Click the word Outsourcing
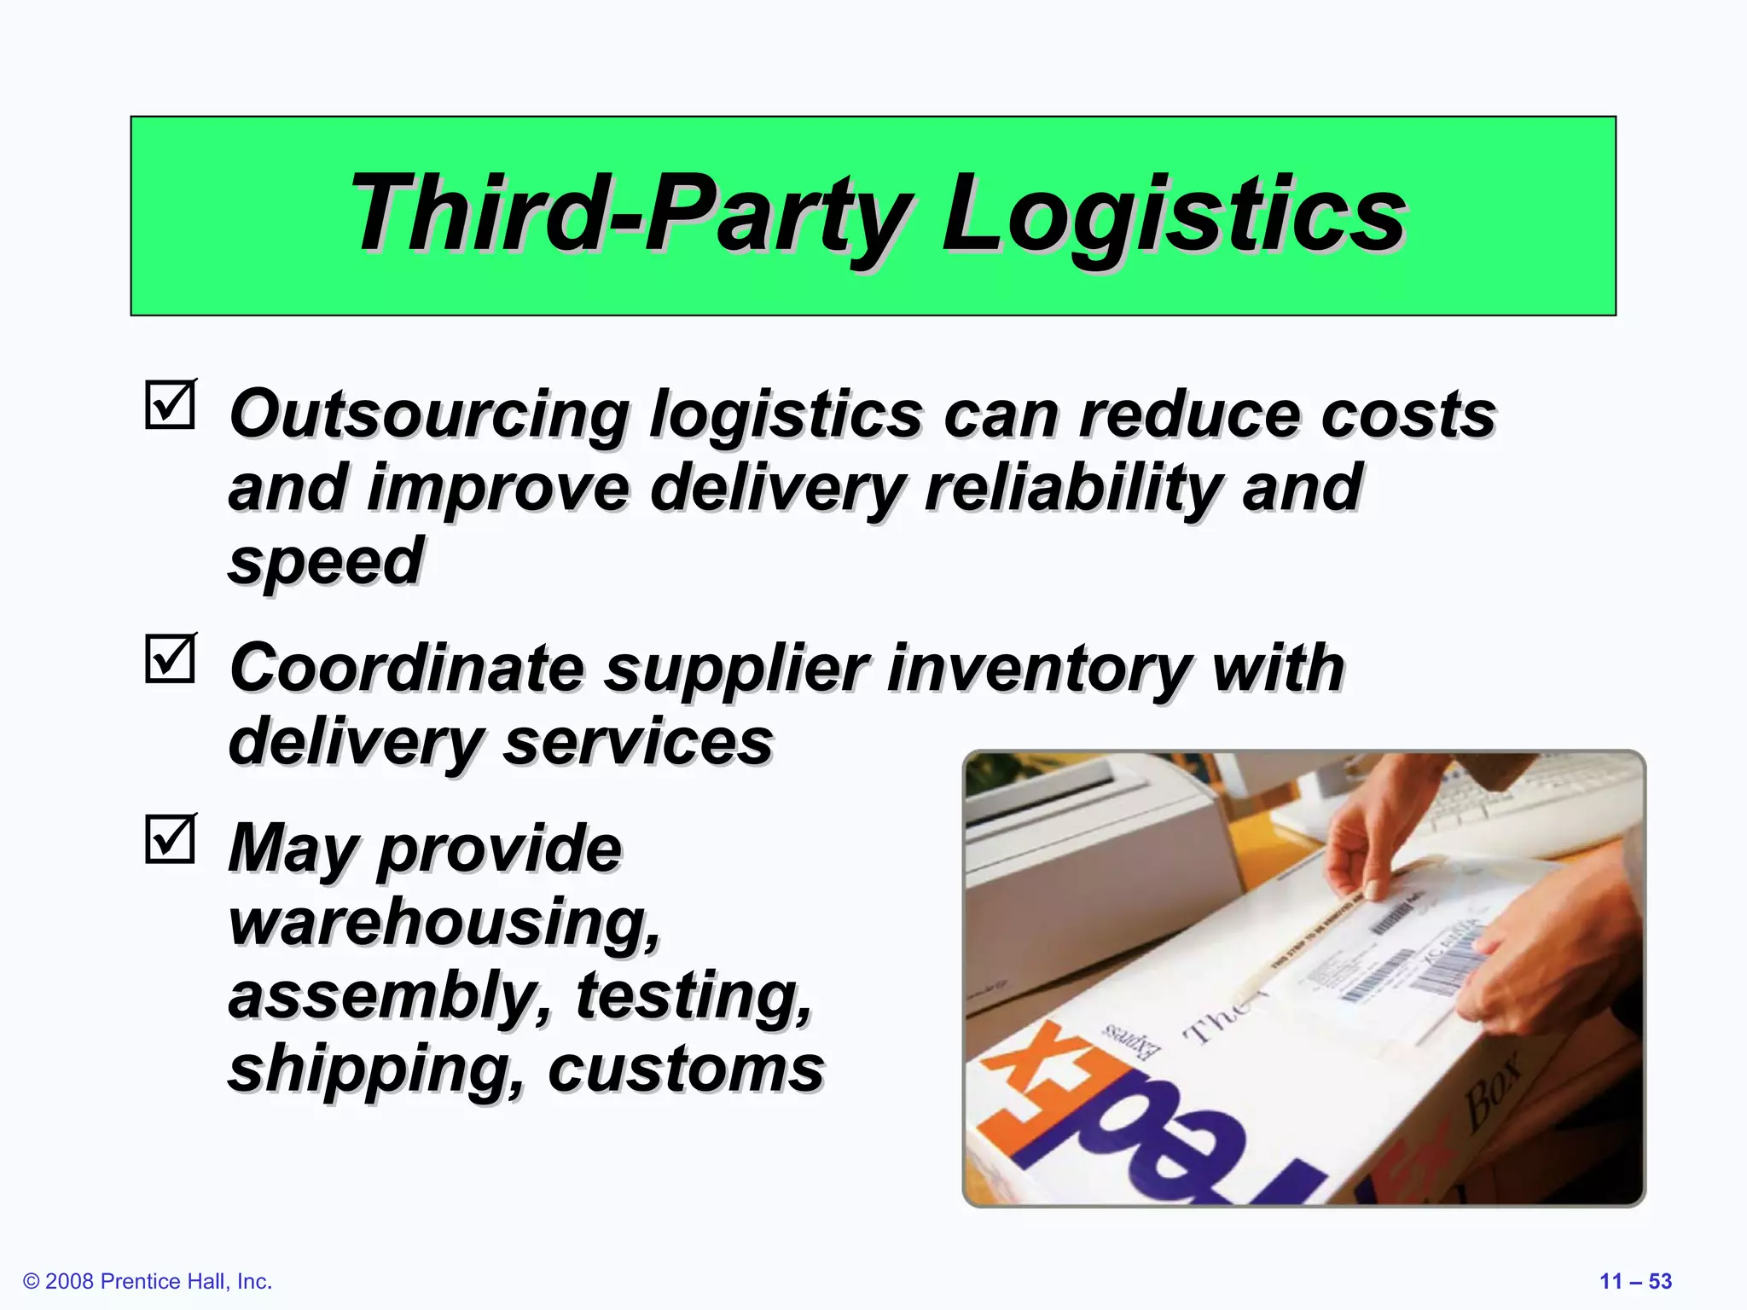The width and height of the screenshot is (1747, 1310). pos(429,415)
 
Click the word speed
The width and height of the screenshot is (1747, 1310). pos(326,562)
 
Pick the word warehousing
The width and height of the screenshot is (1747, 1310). pos(444,922)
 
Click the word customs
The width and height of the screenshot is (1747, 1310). pos(686,1069)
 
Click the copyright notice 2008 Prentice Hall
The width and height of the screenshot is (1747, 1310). pos(148,1281)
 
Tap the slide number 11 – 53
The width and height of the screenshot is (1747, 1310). pos(1635,1281)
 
